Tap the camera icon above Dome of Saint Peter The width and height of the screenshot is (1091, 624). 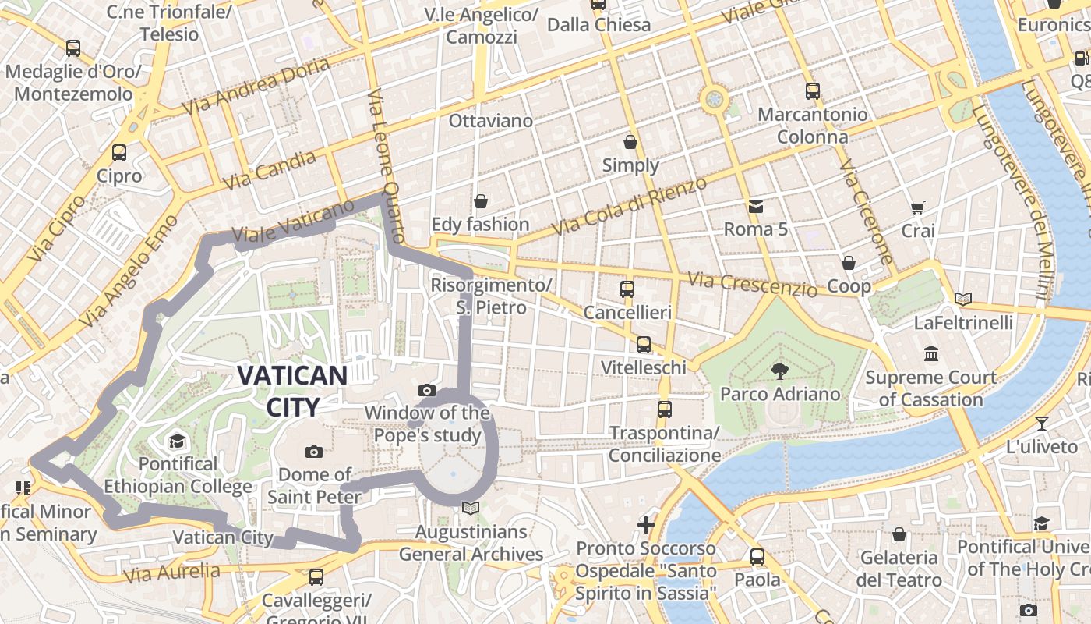point(314,452)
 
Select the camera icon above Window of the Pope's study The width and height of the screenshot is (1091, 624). point(426,390)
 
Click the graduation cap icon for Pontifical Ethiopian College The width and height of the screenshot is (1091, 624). point(178,441)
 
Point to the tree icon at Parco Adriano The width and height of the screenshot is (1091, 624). point(779,370)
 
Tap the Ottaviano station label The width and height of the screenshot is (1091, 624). point(490,121)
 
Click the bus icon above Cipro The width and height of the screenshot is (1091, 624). point(119,153)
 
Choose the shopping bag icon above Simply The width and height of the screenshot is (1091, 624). point(630,142)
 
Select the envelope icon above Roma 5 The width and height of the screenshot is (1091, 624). point(755,207)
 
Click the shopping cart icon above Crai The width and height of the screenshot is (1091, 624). point(918,208)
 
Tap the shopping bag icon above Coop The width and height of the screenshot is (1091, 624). point(849,263)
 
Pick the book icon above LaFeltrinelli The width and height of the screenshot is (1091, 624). point(963,299)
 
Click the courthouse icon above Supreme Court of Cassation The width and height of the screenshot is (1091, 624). point(930,354)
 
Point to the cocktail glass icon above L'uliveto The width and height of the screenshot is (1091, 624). point(1042,424)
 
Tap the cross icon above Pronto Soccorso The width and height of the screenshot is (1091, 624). point(646,525)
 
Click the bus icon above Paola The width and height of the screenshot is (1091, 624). point(757,557)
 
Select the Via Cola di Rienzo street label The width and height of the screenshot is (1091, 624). point(629,207)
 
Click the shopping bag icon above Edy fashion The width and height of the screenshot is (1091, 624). point(481,201)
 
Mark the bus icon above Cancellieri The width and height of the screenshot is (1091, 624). point(627,289)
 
